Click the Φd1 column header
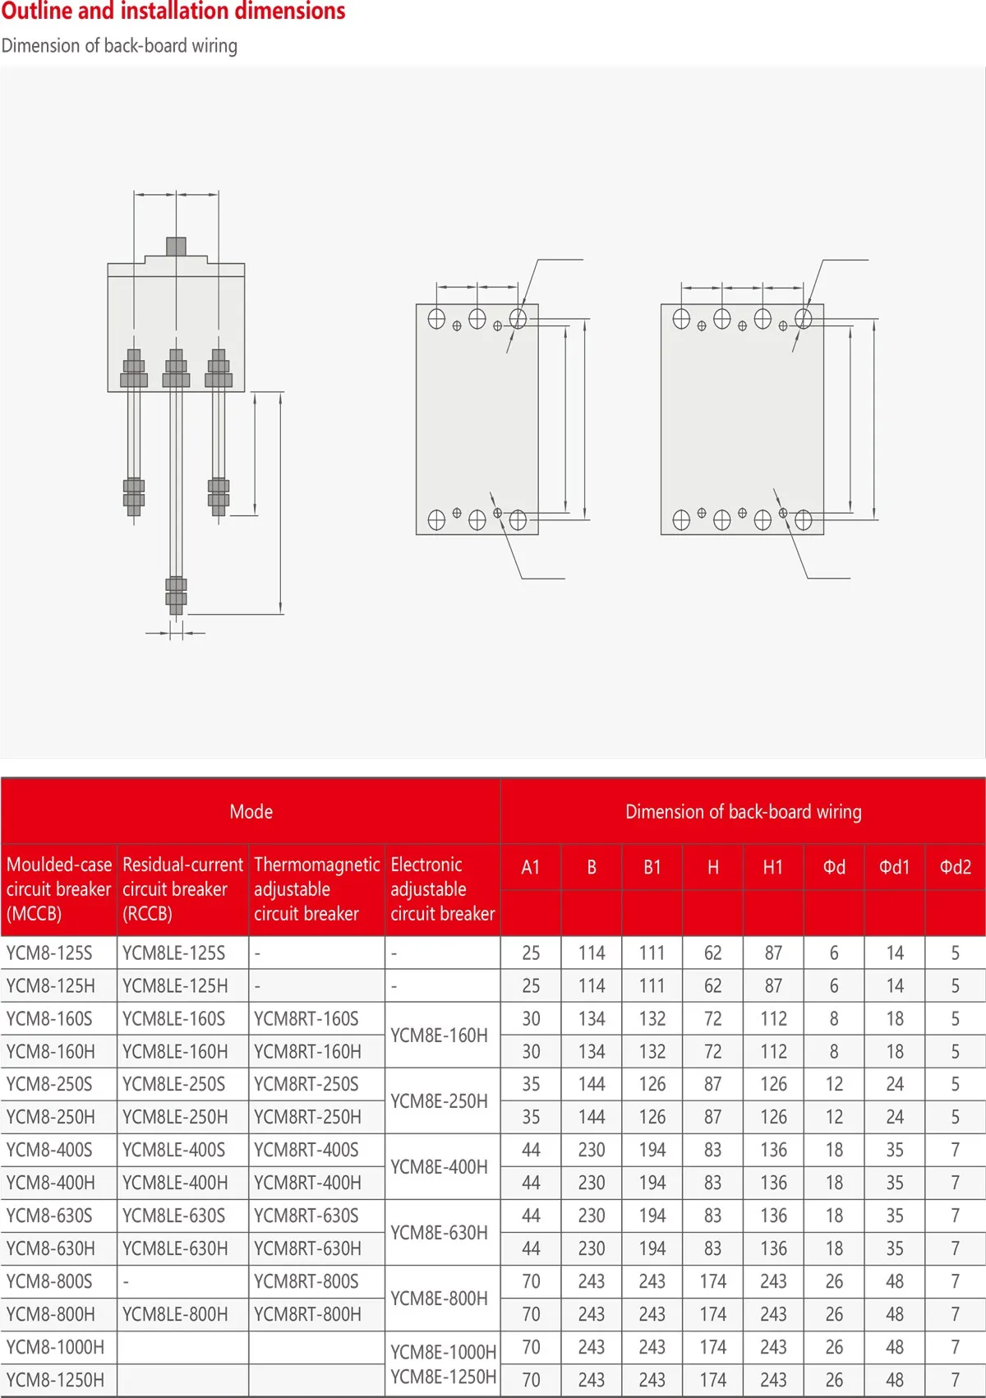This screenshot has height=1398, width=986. [x=894, y=867]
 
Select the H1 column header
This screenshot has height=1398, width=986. [x=772, y=867]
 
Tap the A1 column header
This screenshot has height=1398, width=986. [x=531, y=867]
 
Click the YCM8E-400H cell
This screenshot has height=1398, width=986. [x=439, y=1166]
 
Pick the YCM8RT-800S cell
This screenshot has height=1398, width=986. [x=306, y=1281]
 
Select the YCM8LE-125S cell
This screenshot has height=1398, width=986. [x=173, y=953]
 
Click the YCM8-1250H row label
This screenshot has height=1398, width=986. [x=55, y=1380]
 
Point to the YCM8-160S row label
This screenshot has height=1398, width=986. [x=48, y=1018]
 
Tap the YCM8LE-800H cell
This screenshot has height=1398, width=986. [x=175, y=1314]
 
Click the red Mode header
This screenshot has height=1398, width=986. [x=251, y=811]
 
